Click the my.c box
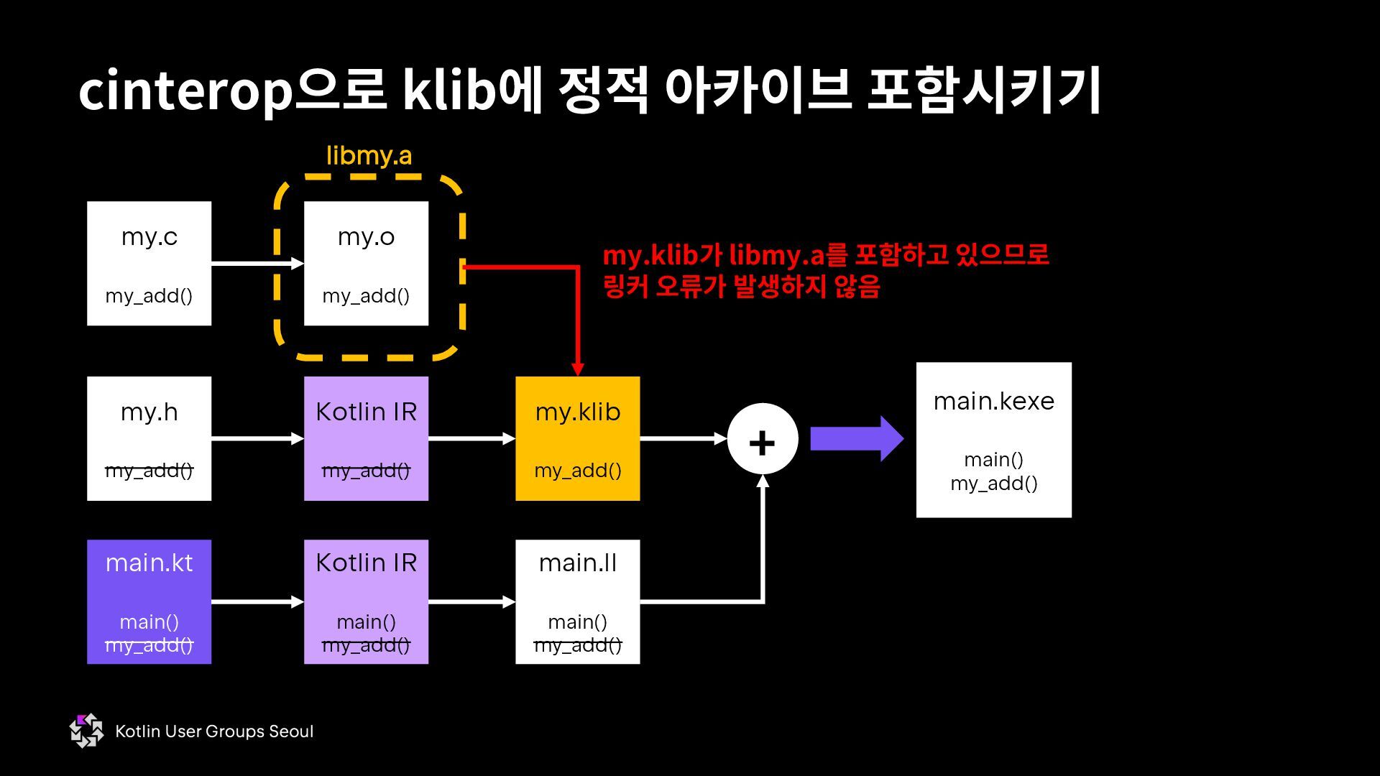click(x=149, y=263)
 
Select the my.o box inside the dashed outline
click(x=366, y=263)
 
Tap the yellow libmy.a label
click(x=369, y=155)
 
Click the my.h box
click(x=149, y=438)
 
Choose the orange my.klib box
click(x=577, y=438)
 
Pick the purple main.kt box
click(x=149, y=601)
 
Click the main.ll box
click(x=577, y=601)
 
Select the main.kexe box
click(x=993, y=440)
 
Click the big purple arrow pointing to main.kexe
click(x=856, y=439)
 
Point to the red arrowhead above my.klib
click(x=577, y=369)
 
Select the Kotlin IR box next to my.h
click(x=366, y=438)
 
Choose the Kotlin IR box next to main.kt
click(x=366, y=601)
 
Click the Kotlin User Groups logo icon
click(x=86, y=731)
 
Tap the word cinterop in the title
click(x=185, y=91)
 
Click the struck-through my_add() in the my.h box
click(x=149, y=471)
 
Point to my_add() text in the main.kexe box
click(x=993, y=484)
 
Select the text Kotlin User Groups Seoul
click(x=214, y=731)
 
